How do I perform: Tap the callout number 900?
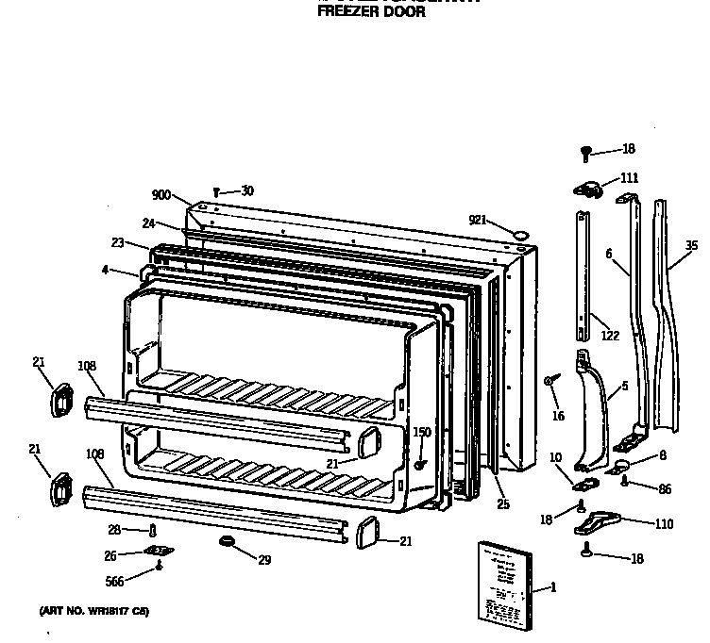(x=161, y=195)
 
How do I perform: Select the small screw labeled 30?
(x=216, y=192)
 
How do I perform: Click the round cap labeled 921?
(x=517, y=232)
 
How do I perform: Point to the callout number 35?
(x=691, y=246)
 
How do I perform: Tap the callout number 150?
(x=421, y=432)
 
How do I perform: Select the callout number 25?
(x=503, y=504)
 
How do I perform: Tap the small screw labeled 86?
(x=625, y=481)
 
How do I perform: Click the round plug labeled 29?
(x=227, y=542)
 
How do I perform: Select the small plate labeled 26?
(x=155, y=552)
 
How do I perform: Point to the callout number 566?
(x=114, y=582)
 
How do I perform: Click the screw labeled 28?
(x=152, y=531)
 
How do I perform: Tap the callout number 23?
(x=117, y=242)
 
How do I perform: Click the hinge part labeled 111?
(x=589, y=189)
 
